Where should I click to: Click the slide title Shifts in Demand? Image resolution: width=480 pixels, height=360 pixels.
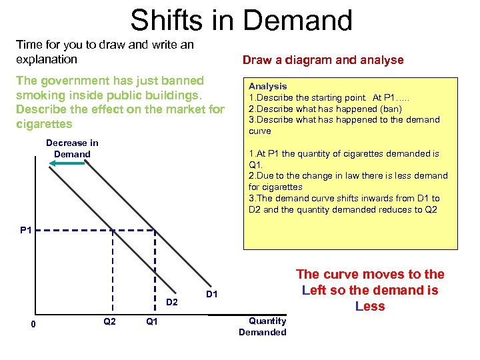[x=241, y=20]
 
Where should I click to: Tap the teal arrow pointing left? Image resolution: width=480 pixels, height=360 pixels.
[x=66, y=162]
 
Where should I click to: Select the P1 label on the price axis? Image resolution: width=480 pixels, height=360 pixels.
[x=26, y=231]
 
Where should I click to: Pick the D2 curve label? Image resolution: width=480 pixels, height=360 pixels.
[x=171, y=303]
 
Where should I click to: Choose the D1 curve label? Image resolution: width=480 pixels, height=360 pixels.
[x=211, y=293]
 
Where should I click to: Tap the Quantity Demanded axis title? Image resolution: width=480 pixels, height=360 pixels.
[x=262, y=327]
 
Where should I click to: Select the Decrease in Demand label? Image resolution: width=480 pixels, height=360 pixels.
[x=72, y=148]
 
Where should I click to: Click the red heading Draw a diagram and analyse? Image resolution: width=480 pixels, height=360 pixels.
[x=323, y=60]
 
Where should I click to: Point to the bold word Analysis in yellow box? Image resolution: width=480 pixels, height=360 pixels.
[x=267, y=86]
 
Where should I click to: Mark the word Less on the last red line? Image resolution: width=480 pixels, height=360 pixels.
[x=370, y=306]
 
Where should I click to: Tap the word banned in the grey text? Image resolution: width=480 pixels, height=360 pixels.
[x=177, y=81]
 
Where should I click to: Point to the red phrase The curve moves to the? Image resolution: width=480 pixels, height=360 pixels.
[x=370, y=274]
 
